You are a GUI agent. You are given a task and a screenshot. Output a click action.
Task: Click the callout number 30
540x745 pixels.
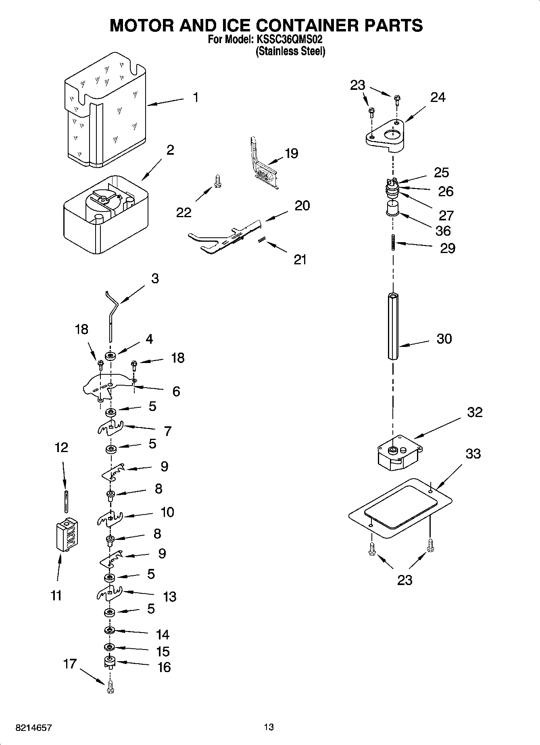coord(444,339)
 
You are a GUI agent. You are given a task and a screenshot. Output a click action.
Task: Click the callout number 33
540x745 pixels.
coord(473,454)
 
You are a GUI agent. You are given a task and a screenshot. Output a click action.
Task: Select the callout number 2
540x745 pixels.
coord(170,150)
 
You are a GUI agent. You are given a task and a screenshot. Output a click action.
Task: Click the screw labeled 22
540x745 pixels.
coord(217,180)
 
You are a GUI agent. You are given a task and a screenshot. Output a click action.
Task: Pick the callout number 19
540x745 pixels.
coord(291,154)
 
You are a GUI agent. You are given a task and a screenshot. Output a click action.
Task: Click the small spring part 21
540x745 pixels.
coord(262,240)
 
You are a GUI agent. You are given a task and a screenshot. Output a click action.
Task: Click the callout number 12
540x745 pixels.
coord(61,447)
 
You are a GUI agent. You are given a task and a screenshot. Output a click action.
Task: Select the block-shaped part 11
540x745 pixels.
coord(67,534)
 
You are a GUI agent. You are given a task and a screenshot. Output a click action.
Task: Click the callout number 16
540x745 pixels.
coord(164,667)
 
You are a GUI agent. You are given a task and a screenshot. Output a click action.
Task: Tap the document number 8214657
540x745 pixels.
coord(33,728)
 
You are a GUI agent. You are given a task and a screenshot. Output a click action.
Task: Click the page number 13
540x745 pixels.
coord(269,727)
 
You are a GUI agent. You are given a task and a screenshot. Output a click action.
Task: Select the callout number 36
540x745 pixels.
coord(443,231)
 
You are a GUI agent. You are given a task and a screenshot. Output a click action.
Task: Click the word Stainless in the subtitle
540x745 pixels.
coord(275,52)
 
